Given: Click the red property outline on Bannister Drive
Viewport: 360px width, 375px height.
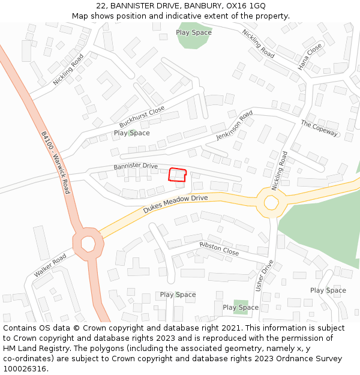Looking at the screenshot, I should coord(177,175).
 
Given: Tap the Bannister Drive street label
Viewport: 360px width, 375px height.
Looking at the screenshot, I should coord(136,166).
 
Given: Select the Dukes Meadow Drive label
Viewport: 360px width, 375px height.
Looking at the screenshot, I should coord(175,204).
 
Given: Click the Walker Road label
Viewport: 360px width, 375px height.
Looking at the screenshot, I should coord(50,265).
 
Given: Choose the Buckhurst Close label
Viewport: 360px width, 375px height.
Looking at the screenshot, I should coord(142,116).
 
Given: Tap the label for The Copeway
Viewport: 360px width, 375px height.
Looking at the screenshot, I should coord(319,128).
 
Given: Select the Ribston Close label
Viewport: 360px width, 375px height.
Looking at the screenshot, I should coord(219,249).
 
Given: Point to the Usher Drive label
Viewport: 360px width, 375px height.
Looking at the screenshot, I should coord(265,275).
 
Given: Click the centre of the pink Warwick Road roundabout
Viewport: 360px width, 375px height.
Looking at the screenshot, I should coord(88,244).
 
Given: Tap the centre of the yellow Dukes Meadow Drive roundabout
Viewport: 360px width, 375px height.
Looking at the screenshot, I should coord(271,203).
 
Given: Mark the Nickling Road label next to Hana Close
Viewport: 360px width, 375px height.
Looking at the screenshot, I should coord(258,44).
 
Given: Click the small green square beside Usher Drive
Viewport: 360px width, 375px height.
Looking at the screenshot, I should coord(241,307).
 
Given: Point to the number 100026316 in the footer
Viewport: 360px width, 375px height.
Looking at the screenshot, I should coord(24,368).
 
